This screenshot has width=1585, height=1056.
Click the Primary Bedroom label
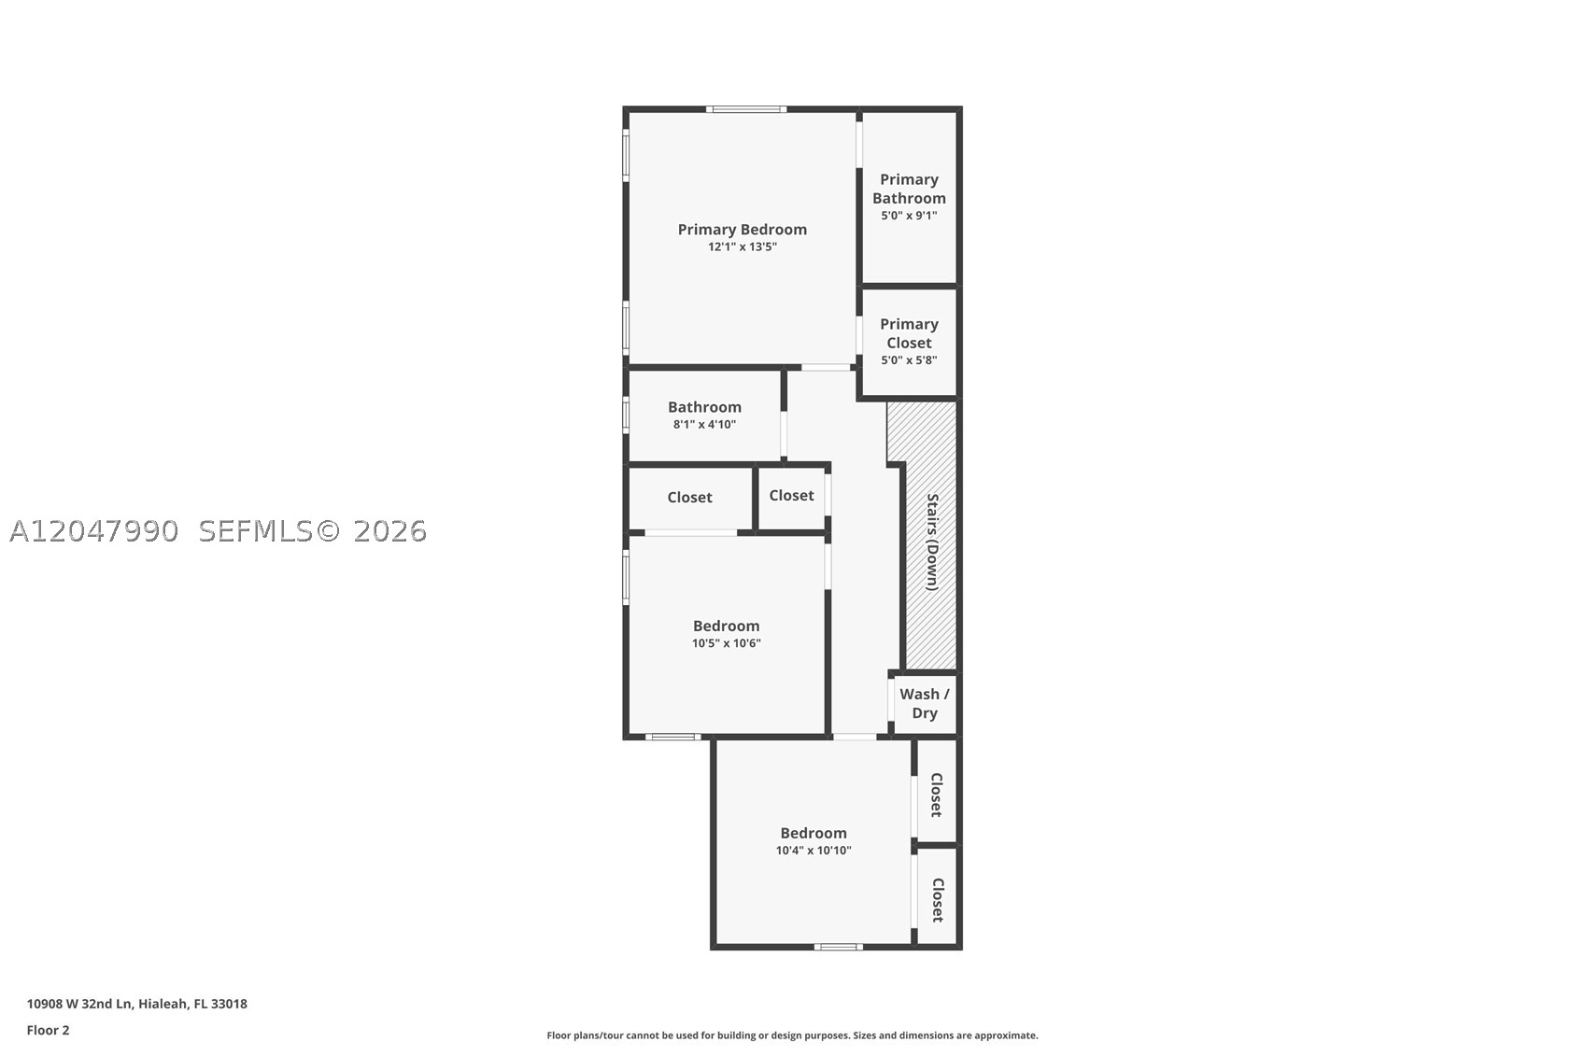[743, 229]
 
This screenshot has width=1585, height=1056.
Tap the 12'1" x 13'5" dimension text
[743, 246]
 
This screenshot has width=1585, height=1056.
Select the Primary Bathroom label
[909, 189]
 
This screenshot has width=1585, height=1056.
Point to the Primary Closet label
[909, 333]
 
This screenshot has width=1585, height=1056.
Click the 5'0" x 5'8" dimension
[909, 360]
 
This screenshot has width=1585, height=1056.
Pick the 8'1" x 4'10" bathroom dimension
[704, 425]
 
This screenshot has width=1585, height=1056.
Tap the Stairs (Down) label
[933, 542]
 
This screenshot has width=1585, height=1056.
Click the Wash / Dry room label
[924, 703]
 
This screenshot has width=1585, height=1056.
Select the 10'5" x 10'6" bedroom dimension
[726, 643]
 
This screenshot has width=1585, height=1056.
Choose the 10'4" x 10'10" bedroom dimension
[813, 851]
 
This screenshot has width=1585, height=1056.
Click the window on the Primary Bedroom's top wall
[745, 109]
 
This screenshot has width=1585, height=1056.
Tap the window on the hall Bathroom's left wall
[626, 415]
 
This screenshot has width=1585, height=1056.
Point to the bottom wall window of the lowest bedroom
[838, 947]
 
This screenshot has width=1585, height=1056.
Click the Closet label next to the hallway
[791, 495]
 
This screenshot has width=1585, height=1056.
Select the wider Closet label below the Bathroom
[689, 498]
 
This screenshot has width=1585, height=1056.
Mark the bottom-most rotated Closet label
[938, 900]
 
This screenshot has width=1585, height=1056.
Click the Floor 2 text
[49, 1030]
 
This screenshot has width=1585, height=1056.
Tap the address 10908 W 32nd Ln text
[79, 1004]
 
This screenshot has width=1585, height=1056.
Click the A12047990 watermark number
[93, 531]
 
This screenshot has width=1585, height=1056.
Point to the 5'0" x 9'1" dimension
[909, 216]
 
